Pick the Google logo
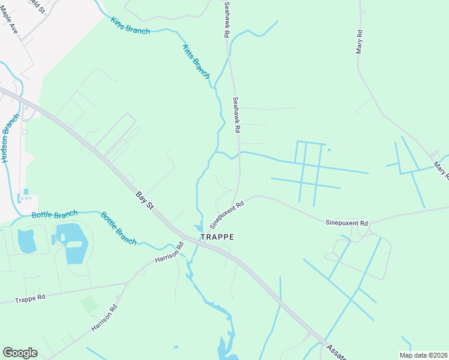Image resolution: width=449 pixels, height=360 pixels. click(x=20, y=353)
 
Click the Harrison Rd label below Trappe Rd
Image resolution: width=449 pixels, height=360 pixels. click(x=103, y=318)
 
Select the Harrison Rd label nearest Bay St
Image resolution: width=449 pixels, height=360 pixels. click(x=169, y=251)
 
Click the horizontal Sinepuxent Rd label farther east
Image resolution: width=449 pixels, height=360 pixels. click(x=346, y=223)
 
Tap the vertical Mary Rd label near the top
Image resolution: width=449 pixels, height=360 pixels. click(x=359, y=42)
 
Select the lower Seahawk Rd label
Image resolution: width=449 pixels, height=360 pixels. click(x=237, y=115)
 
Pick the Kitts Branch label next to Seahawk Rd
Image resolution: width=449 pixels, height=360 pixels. click(x=196, y=62)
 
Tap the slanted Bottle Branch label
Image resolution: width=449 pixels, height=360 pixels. click(x=118, y=228)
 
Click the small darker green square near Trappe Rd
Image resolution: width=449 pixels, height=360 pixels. click(x=89, y=304)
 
